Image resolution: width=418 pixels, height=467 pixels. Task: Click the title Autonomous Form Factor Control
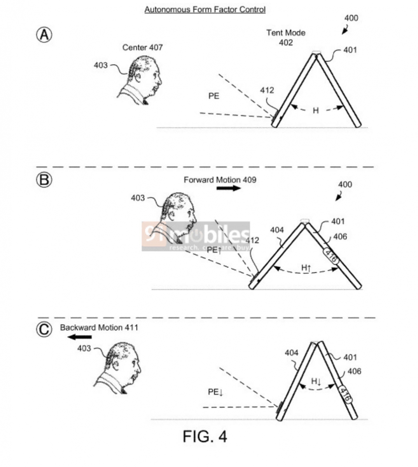click(x=205, y=9)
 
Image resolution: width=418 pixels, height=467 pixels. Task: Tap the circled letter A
click(x=44, y=35)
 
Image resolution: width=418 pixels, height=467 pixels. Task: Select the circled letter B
click(x=44, y=180)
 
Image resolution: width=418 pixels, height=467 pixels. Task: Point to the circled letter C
click(x=44, y=329)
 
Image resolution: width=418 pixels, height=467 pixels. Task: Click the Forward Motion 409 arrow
click(x=229, y=188)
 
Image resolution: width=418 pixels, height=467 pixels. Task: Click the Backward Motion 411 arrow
click(x=79, y=337)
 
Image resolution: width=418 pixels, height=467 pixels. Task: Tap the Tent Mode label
click(x=286, y=33)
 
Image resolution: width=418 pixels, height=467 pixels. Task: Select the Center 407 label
click(x=142, y=47)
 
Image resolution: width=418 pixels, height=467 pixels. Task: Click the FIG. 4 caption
click(x=205, y=436)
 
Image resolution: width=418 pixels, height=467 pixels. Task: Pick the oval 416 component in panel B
click(x=331, y=256)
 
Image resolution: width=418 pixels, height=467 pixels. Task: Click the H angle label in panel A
click(x=316, y=111)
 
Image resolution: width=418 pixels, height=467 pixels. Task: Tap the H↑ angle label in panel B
click(x=306, y=268)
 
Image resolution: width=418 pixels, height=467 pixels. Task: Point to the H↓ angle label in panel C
click(x=316, y=381)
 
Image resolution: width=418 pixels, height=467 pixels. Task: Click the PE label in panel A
click(x=214, y=96)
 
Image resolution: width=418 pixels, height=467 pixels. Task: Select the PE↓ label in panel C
click(x=215, y=392)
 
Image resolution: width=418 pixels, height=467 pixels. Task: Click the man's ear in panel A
click(x=138, y=77)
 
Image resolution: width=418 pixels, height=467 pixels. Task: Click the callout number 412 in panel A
click(x=267, y=90)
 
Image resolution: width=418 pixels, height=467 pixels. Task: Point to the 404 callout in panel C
click(x=292, y=353)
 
